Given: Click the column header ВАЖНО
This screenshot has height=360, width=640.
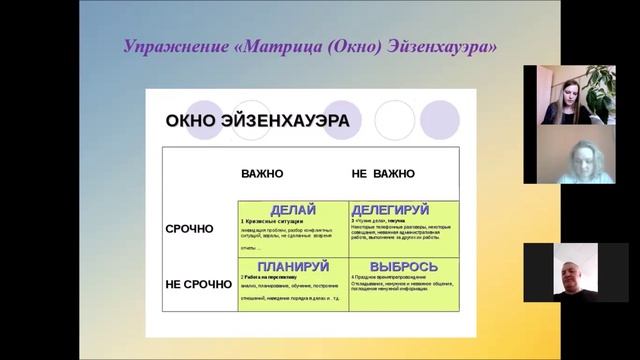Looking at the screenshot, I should (x=262, y=174).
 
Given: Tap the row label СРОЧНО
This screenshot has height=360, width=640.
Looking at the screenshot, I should (x=189, y=229).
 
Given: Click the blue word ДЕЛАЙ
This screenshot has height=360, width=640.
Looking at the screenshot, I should (x=293, y=210).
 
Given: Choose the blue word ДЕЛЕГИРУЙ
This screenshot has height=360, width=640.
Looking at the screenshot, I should (x=404, y=210).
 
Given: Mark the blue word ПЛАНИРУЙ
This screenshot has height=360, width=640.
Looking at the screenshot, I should (x=293, y=266).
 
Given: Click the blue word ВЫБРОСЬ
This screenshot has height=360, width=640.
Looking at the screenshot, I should (x=404, y=266).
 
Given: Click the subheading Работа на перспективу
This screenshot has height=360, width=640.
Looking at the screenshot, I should (x=274, y=276).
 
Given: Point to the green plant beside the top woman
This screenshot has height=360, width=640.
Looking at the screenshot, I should (x=600, y=88).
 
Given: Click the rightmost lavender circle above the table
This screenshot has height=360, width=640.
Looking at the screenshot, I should (x=440, y=120).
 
